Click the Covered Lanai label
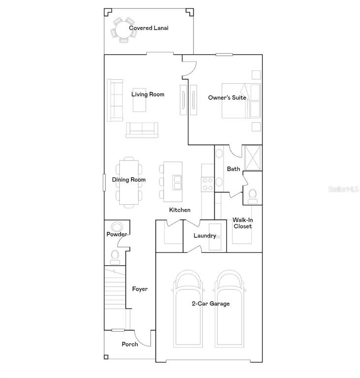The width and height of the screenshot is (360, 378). pos(149,28)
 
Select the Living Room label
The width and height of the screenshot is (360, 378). pos(148,94)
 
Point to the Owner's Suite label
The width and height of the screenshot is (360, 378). pos(227,98)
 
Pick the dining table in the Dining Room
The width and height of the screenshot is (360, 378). pos(129,180)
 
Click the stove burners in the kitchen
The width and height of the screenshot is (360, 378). pos(207,184)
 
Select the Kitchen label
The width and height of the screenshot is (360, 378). pos(180,210)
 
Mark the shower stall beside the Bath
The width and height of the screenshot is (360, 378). pos(252,157)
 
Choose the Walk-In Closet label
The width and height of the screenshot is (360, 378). pos(243,223)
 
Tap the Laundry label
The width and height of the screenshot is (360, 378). pos(204,236)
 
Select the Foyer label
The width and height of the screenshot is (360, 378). pos(140,289)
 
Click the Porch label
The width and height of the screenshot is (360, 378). pos(130,345)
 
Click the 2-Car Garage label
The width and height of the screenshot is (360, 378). pos(211,304)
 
